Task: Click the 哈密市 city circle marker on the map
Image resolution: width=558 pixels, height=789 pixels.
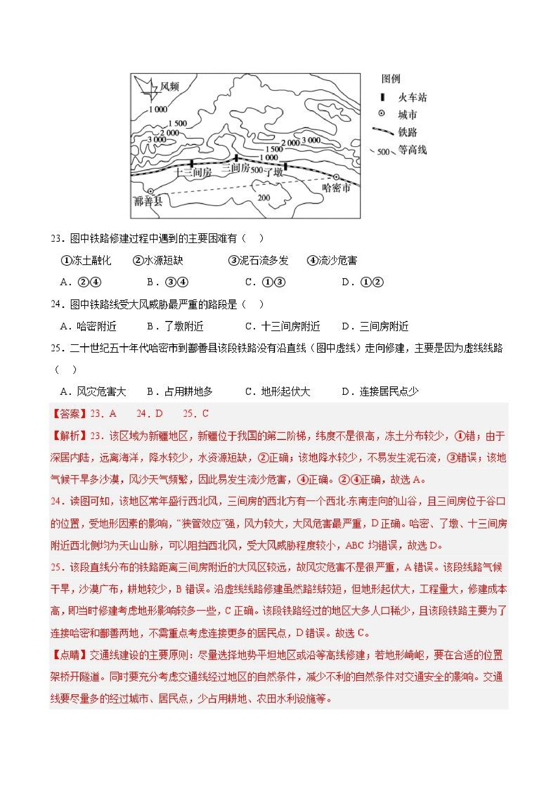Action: click(x=336, y=177)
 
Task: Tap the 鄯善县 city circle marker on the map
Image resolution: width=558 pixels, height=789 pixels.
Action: click(x=150, y=191)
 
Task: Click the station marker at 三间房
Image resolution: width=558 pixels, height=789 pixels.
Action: click(x=236, y=158)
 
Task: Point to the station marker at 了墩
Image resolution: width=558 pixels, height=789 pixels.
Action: click(x=285, y=166)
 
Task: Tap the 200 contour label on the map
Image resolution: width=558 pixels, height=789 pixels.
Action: click(x=264, y=198)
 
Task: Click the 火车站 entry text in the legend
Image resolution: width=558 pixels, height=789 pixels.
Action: click(x=412, y=97)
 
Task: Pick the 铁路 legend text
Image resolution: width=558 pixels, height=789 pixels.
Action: click(x=408, y=132)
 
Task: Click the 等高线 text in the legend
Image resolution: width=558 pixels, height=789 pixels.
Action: click(x=412, y=150)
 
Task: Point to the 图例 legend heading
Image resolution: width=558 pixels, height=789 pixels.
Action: click(x=391, y=79)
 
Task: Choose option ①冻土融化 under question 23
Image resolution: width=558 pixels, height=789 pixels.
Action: click(x=86, y=261)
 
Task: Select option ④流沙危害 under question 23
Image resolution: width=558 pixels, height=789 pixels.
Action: click(x=332, y=261)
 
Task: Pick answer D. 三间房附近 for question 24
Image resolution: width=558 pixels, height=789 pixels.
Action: click(x=375, y=326)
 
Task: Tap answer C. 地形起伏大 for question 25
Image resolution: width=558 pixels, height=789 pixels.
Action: click(x=278, y=391)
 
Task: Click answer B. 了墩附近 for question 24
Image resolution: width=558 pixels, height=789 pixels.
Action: click(x=175, y=326)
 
